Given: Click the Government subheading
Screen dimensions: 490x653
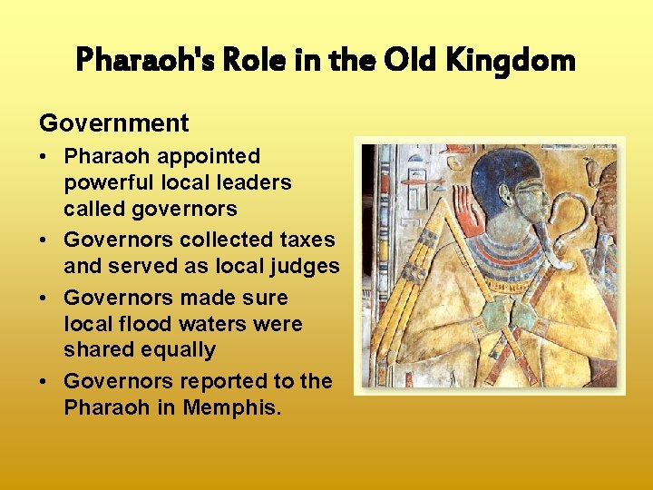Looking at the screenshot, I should pyautogui.click(x=113, y=123).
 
